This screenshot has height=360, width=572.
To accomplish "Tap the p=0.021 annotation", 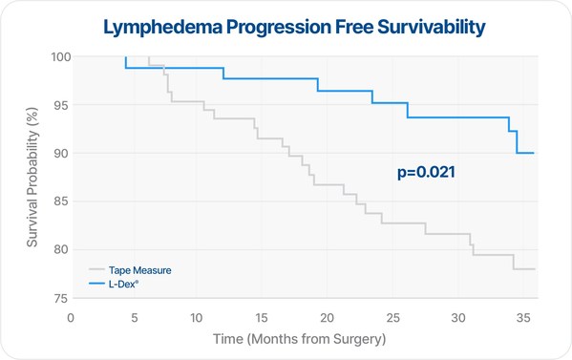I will tap(425, 173).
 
